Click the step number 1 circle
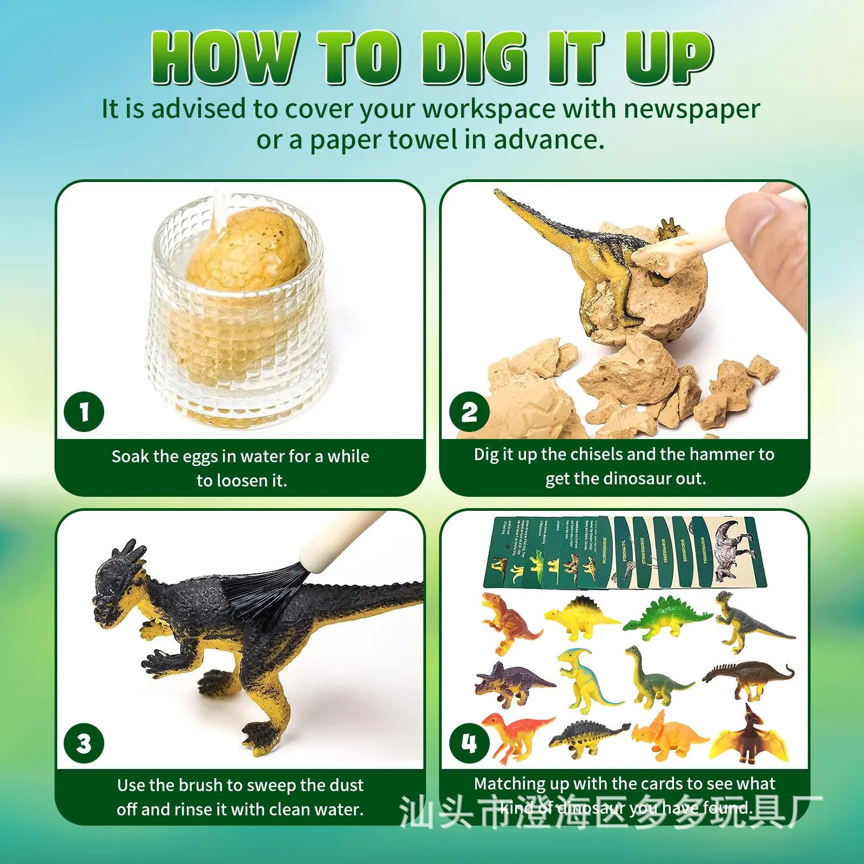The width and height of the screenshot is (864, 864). pyautogui.click(x=84, y=412)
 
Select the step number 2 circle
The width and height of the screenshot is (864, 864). pyautogui.click(x=469, y=412)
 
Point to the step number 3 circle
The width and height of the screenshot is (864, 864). pyautogui.click(x=84, y=743)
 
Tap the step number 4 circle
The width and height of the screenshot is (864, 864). pyautogui.click(x=469, y=743)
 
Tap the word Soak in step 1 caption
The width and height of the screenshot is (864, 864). pyautogui.click(x=130, y=457)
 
